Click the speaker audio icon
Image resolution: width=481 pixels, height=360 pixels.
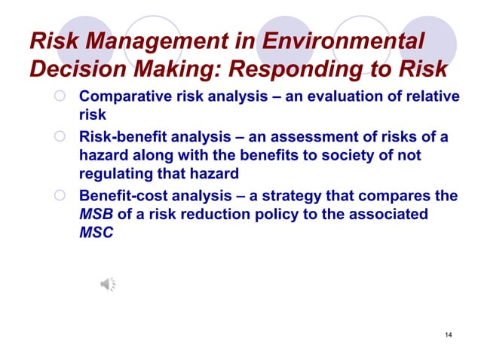point(108,284)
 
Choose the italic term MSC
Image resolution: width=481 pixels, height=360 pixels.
point(96,232)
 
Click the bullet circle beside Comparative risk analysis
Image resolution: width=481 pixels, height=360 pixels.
point(61,97)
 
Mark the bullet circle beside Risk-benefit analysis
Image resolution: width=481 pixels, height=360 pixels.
point(61,137)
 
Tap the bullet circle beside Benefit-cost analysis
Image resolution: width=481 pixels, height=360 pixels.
point(61,197)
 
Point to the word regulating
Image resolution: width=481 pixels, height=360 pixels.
point(115,174)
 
